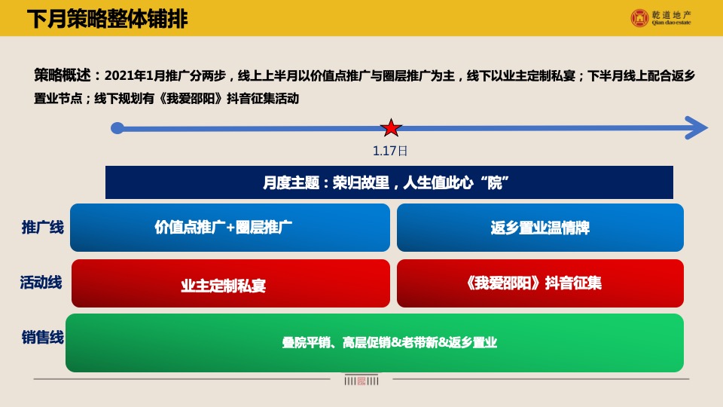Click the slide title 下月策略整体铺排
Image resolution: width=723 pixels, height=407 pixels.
point(107,19)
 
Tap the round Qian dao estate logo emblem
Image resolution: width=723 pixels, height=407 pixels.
point(639,18)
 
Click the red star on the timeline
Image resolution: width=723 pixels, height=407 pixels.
point(391,128)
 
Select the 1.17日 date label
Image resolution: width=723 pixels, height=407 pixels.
point(390,151)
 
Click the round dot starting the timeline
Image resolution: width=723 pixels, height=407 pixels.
point(117,128)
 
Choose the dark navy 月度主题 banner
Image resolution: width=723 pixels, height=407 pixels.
point(389,182)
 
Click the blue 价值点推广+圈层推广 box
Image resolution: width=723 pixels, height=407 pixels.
point(230,227)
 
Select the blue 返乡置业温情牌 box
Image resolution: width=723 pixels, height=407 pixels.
point(540,227)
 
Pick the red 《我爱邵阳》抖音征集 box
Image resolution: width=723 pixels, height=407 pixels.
point(540,283)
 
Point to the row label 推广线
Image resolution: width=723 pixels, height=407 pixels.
point(43,227)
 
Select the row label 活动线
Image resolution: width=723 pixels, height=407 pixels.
point(41,283)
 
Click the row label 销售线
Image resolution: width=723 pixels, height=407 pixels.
point(43,338)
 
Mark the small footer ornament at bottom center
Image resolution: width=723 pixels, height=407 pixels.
point(361,380)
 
